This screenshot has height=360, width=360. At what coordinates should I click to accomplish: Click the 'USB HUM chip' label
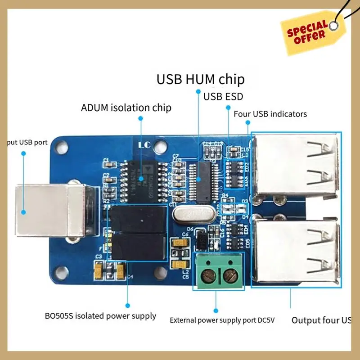point(200,80)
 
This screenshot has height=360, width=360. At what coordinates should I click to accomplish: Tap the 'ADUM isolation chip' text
point(126,108)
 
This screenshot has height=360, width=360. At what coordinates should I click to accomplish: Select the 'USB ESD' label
point(223,96)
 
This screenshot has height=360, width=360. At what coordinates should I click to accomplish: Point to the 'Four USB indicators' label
point(270,114)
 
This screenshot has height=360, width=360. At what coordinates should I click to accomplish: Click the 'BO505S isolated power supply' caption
point(100,316)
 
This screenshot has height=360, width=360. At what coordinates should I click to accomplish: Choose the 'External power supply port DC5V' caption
point(222,320)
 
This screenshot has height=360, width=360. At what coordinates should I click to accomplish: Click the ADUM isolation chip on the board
point(141,178)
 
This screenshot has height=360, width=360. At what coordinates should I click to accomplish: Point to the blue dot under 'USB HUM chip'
point(198,92)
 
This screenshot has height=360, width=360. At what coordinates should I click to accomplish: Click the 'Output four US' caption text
point(321,320)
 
